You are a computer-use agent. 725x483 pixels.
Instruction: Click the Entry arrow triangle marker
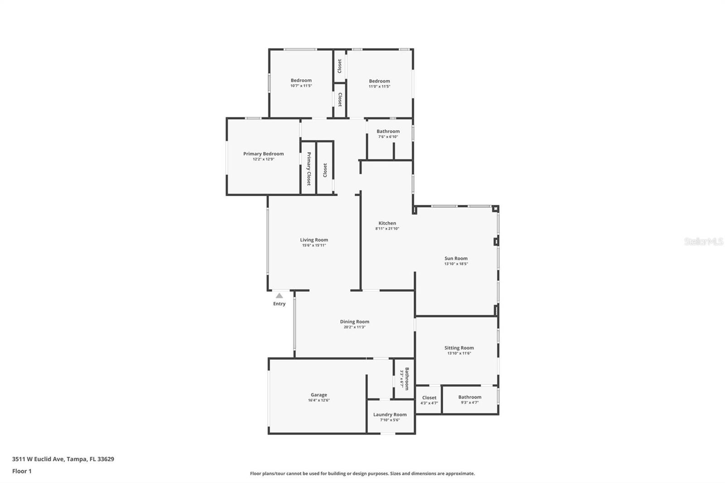[279, 295]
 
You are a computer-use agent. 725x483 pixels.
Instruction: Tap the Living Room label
[314, 240]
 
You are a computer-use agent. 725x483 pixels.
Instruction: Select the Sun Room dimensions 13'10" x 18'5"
[456, 264]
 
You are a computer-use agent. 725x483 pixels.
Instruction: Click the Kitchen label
[387, 223]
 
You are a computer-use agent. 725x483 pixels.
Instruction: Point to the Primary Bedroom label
[263, 154]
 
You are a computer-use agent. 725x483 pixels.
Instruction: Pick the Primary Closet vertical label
[309, 169]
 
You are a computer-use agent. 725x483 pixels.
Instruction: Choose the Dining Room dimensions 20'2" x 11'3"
[354, 327]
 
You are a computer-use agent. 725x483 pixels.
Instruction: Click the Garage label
[319, 395]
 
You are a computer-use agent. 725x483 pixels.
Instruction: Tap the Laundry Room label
[390, 415]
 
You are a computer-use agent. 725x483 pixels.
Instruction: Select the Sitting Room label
[459, 348]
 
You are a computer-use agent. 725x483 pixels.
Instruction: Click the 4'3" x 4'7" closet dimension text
[429, 403]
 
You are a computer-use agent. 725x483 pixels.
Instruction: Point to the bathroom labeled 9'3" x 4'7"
[469, 397]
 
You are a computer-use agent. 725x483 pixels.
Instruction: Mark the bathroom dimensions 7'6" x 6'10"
[388, 137]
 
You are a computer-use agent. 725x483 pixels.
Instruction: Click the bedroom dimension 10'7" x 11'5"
[301, 86]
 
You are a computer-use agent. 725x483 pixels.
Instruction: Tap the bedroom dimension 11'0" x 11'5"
[379, 87]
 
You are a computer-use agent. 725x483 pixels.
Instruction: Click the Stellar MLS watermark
[703, 241]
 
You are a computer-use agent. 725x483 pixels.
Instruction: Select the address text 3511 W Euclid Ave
[38, 459]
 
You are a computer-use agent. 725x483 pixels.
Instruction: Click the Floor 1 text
[22, 471]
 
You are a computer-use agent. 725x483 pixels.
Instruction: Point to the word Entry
[279, 304]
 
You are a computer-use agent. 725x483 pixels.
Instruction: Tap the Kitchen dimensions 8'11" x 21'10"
[387, 229]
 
